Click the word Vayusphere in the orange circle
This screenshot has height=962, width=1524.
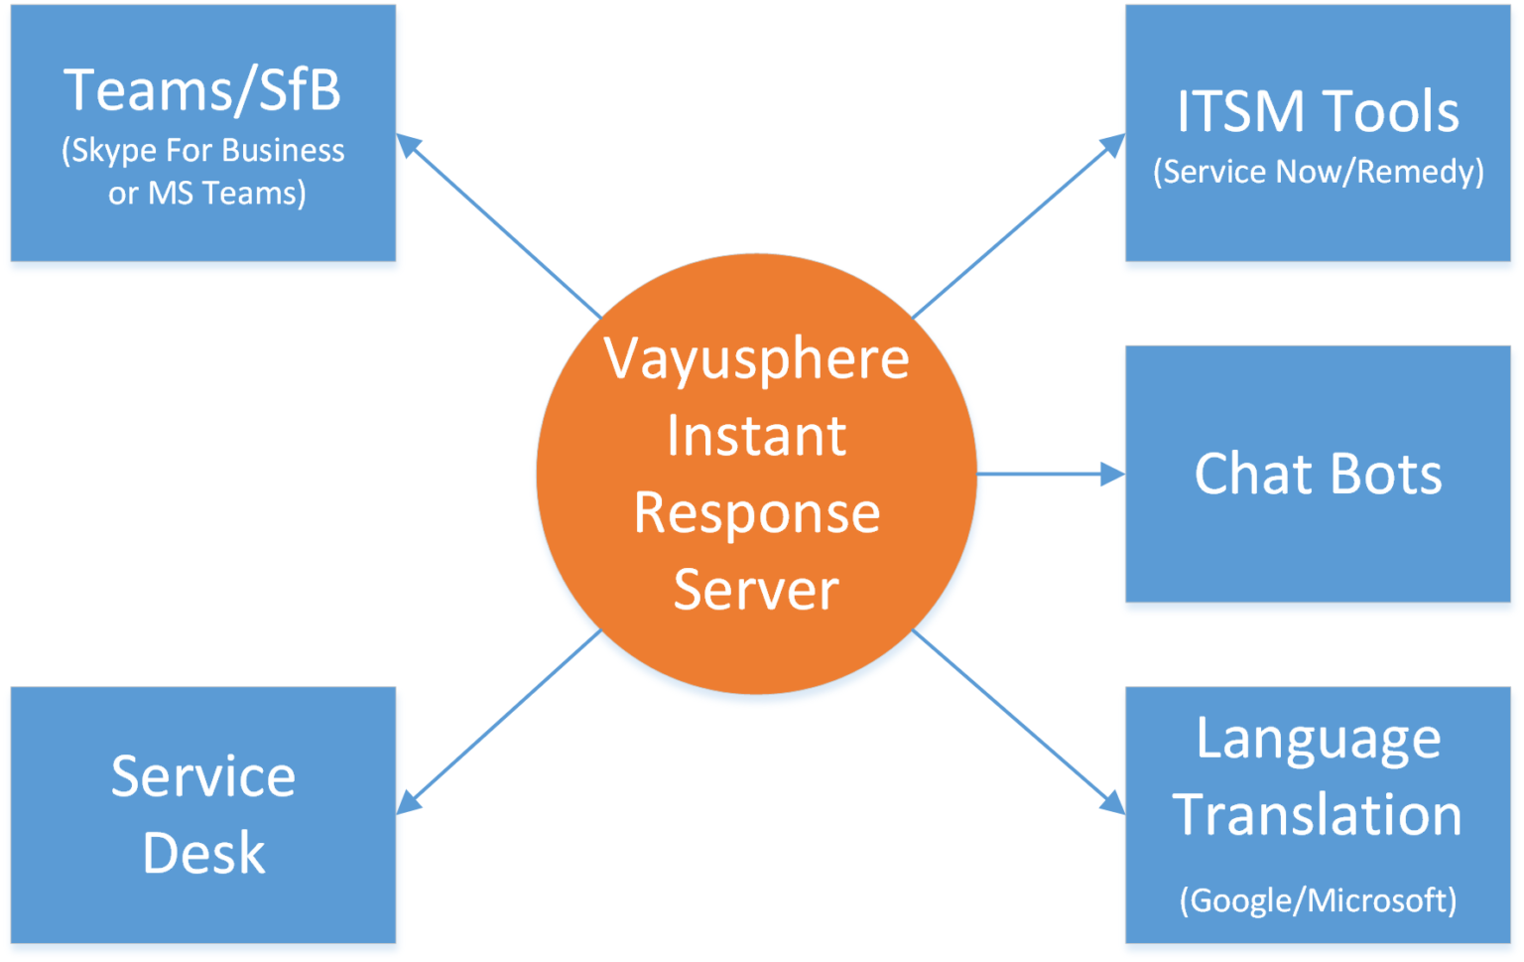pos(756,359)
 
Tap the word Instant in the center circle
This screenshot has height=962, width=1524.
pos(756,436)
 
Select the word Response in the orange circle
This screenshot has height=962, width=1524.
pos(756,513)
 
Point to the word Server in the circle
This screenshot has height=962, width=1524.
pos(756,590)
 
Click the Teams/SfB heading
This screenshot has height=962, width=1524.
pos(202,90)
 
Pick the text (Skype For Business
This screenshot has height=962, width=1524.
pos(203,150)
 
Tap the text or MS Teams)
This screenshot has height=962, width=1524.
pos(206,193)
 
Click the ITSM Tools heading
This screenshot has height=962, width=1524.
pos(1318,111)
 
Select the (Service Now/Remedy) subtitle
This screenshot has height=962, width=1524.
pos(1318,172)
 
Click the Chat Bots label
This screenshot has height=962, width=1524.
pos(1318,474)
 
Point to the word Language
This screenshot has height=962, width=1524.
pos(1318,740)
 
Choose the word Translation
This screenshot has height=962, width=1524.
pos(1318,815)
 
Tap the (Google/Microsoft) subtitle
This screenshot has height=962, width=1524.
pos(1318,900)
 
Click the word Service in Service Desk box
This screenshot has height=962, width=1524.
pos(203,776)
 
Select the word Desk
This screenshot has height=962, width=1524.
pos(203,853)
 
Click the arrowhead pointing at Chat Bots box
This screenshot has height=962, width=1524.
pos(1113,475)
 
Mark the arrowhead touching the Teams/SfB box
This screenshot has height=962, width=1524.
pos(408,145)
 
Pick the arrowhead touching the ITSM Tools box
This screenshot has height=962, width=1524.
pos(1114,145)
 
